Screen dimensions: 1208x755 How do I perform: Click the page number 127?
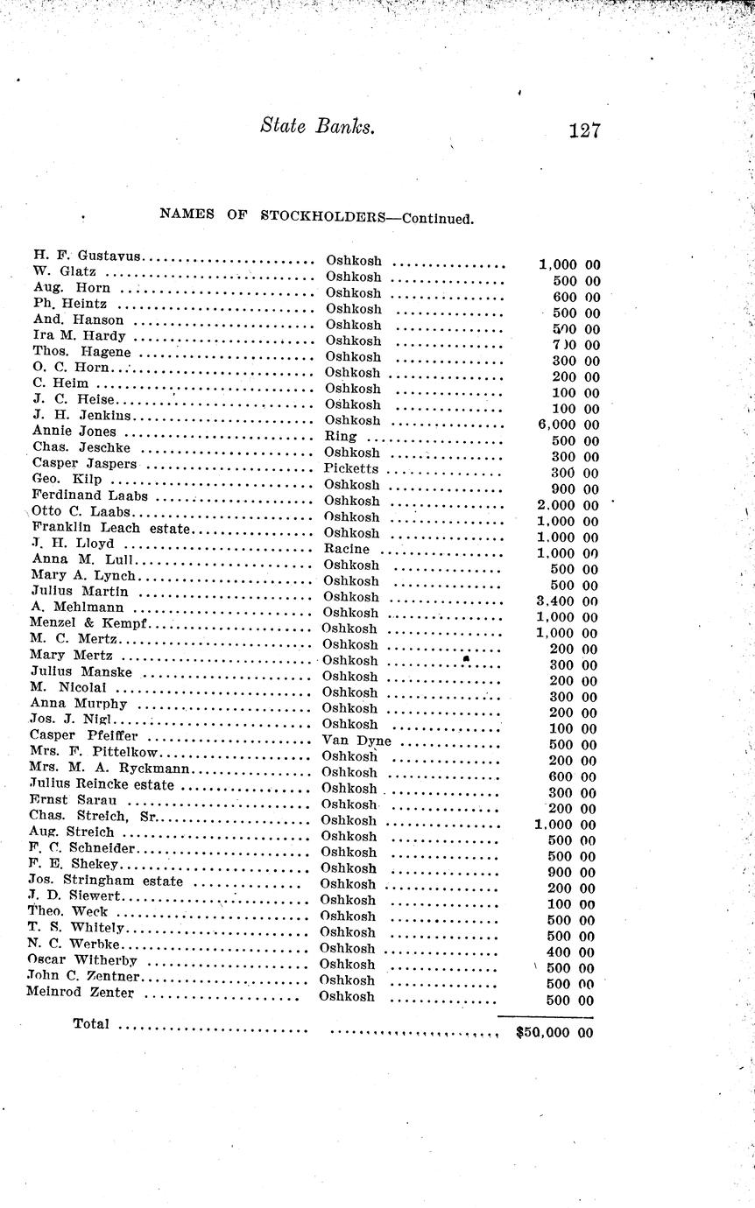(583, 131)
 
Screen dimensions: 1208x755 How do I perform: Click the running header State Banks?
(317, 126)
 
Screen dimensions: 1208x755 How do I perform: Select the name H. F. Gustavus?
(88, 256)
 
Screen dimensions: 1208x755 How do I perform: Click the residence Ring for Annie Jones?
(341, 436)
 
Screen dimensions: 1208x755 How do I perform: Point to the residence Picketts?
(351, 468)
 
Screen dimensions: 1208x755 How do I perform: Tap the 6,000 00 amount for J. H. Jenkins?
(567, 425)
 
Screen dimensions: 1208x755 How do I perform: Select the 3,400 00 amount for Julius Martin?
(566, 600)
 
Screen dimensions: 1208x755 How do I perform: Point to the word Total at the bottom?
(91, 1023)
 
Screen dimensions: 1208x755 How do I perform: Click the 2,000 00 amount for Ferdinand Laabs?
(567, 505)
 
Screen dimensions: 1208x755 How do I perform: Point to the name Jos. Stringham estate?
(106, 881)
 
